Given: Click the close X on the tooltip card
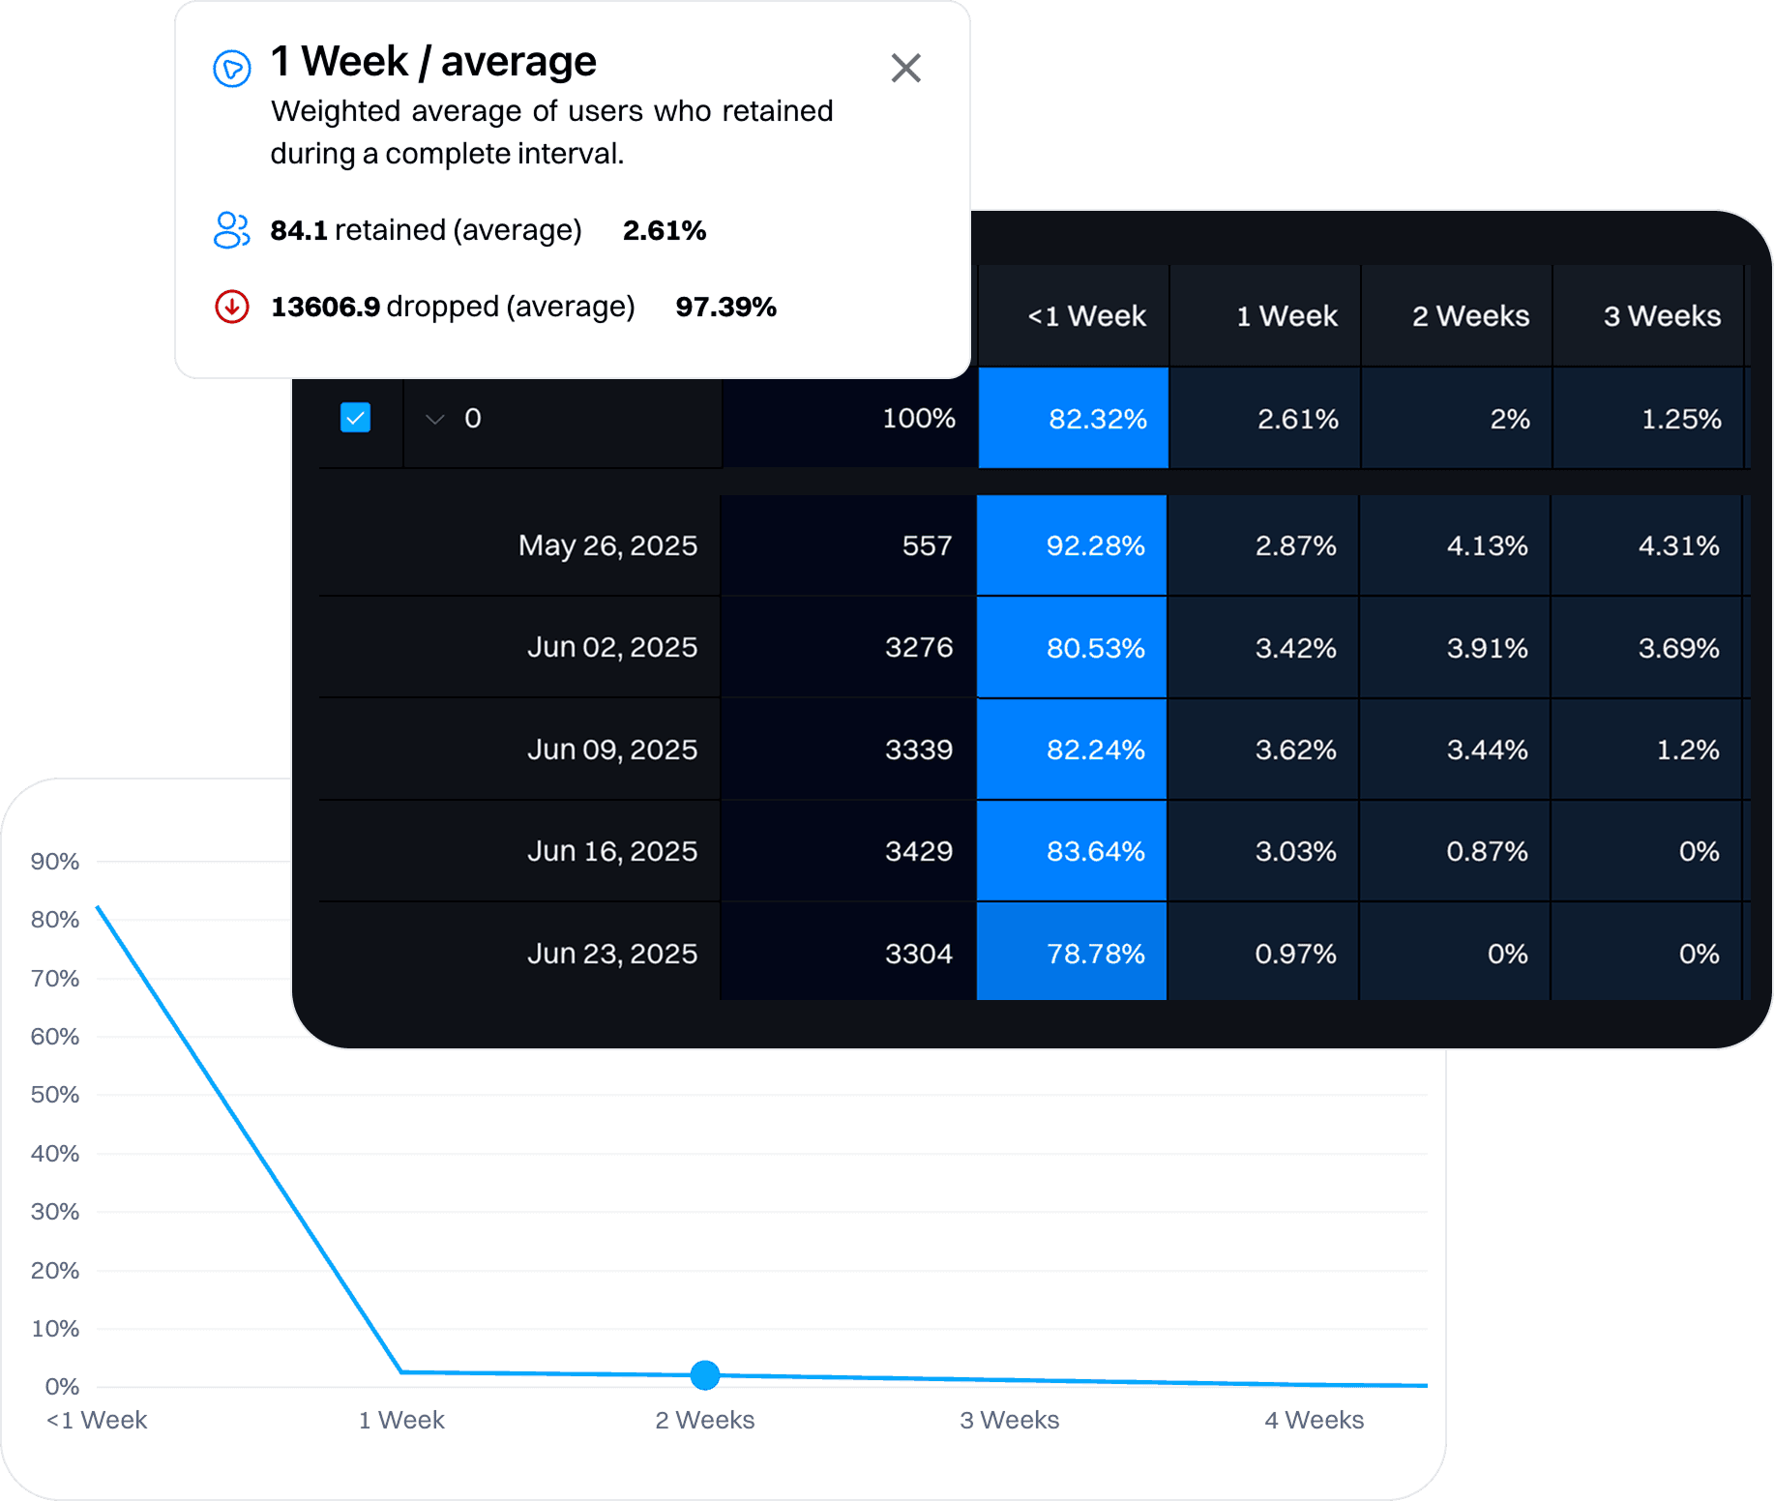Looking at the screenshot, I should coord(905,68).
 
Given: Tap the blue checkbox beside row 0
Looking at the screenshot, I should coord(355,418).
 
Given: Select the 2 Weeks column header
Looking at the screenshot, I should coord(1469,316).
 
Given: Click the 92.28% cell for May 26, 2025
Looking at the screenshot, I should coord(1094,545).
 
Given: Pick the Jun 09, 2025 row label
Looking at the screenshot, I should coord(611,750).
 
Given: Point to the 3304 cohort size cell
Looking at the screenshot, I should coord(918,954).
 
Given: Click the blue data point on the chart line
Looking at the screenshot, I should coord(705,1374).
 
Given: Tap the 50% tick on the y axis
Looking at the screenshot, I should coord(55,1095).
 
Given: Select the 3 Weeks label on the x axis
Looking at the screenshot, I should coord(1009,1420).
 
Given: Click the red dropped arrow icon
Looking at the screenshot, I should coord(231,307).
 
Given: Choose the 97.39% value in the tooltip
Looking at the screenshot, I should coord(725,307).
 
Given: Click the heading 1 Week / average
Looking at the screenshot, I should coord(433,62).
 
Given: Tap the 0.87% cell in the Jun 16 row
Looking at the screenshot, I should coord(1486,851).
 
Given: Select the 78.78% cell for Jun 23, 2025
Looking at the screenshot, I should coord(1094,954).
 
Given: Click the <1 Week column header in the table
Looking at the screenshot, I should coord(1085,316).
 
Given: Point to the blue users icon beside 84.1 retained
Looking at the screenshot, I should coord(231,230).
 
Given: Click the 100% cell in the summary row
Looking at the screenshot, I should coord(918,418).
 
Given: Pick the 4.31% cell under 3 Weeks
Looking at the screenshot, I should coord(1677,545).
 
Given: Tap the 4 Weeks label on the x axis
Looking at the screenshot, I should coord(1314,1420).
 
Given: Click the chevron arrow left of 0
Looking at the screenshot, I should coord(435,419).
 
